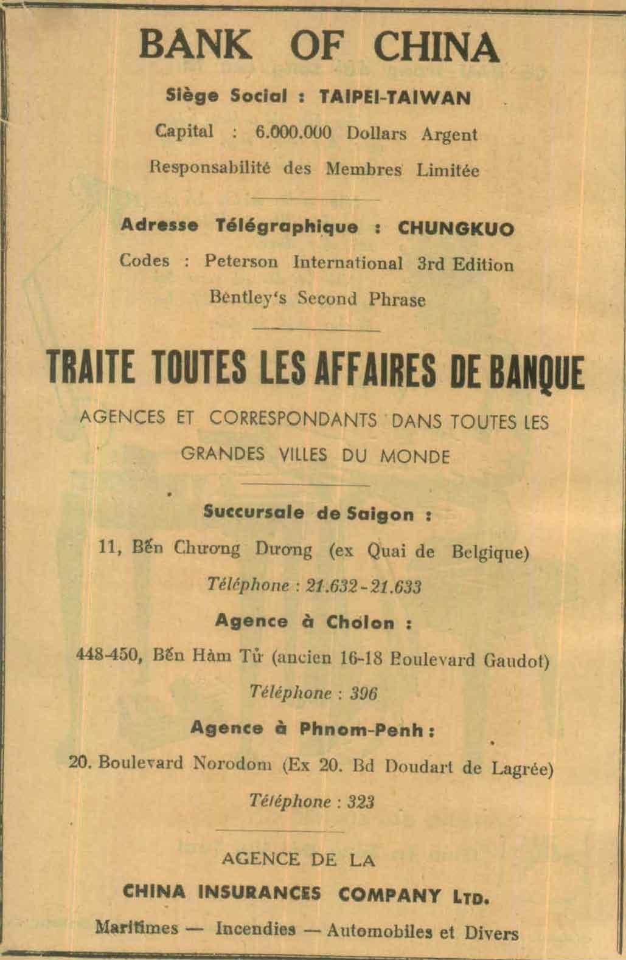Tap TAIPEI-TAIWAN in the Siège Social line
pos(395,97)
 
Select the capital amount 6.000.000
pos(294,133)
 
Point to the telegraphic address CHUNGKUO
pos(456,229)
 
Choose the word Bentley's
pos(248,299)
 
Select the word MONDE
pos(415,456)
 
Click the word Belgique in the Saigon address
pos(490,552)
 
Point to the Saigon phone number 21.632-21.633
pos(364,586)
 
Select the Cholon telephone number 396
pos(364,693)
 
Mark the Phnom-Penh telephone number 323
pos(360,801)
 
